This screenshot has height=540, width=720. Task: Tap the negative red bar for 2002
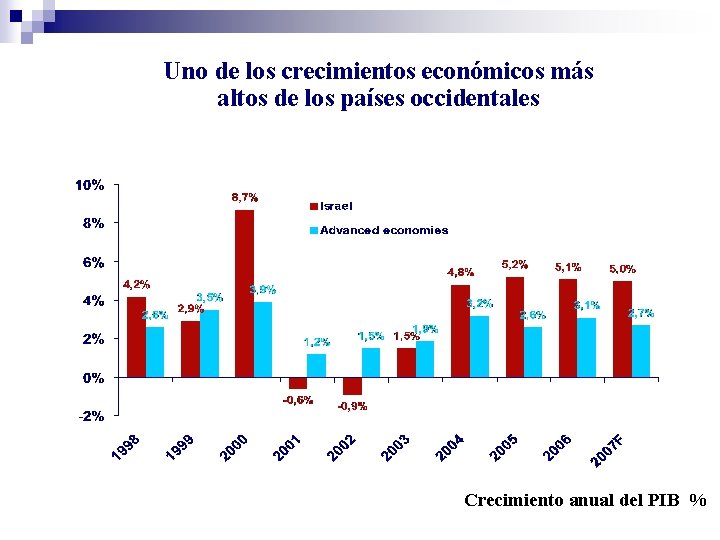point(352,386)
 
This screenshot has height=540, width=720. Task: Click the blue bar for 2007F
point(641,351)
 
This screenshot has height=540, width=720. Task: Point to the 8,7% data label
point(245,197)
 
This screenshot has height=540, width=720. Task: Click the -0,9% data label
point(352,406)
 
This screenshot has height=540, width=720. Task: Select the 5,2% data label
point(515,264)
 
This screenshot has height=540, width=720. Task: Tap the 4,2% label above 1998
point(136,284)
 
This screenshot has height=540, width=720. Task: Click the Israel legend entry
point(336,206)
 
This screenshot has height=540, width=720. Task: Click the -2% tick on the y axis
point(90,416)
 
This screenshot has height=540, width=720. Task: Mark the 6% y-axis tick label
point(92,262)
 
